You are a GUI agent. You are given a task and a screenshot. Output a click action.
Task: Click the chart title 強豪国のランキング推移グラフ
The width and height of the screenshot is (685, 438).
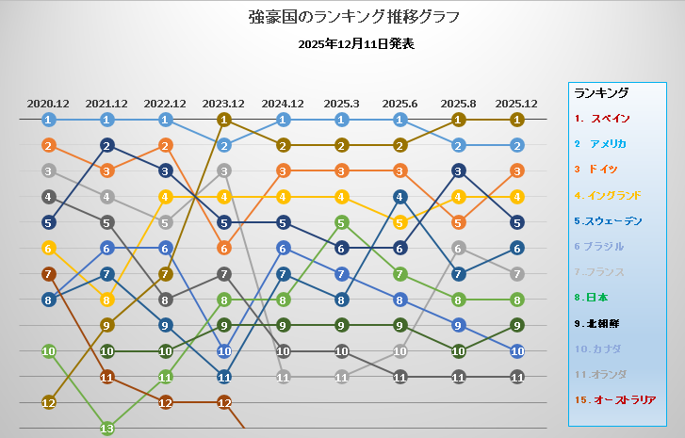pos(354,17)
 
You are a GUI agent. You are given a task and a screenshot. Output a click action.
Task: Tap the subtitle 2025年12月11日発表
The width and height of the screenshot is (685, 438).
pos(356,44)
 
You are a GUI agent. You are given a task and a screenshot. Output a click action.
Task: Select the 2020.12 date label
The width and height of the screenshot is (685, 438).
pos(48,104)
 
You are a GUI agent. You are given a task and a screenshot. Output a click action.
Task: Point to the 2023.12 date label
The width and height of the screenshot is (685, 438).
pos(223,104)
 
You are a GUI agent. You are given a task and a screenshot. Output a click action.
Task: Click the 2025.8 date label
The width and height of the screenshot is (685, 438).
pos(458,104)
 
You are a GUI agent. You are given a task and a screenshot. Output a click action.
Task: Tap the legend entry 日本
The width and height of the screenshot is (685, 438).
pos(591,298)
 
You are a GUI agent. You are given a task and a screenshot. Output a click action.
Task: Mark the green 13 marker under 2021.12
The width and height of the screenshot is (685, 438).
pos(107,429)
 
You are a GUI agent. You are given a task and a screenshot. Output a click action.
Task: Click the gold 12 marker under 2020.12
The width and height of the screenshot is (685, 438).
pos(48,402)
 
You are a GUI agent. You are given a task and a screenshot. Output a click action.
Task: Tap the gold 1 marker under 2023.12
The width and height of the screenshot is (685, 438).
pos(224,120)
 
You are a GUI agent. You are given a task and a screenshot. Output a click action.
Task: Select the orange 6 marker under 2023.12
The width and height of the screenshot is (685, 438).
pos(224,249)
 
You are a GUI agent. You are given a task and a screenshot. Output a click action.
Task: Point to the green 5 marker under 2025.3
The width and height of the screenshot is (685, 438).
pos(341,222)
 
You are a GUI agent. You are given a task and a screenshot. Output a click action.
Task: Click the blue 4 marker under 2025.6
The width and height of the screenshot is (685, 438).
pos(400,197)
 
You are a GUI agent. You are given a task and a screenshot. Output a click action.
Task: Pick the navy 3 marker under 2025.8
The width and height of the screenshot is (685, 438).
pos(458,171)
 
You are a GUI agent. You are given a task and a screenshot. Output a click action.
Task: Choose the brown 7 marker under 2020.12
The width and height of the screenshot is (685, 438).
pos(48,274)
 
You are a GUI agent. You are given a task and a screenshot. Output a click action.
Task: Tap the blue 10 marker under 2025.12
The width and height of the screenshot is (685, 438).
pos(517,351)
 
